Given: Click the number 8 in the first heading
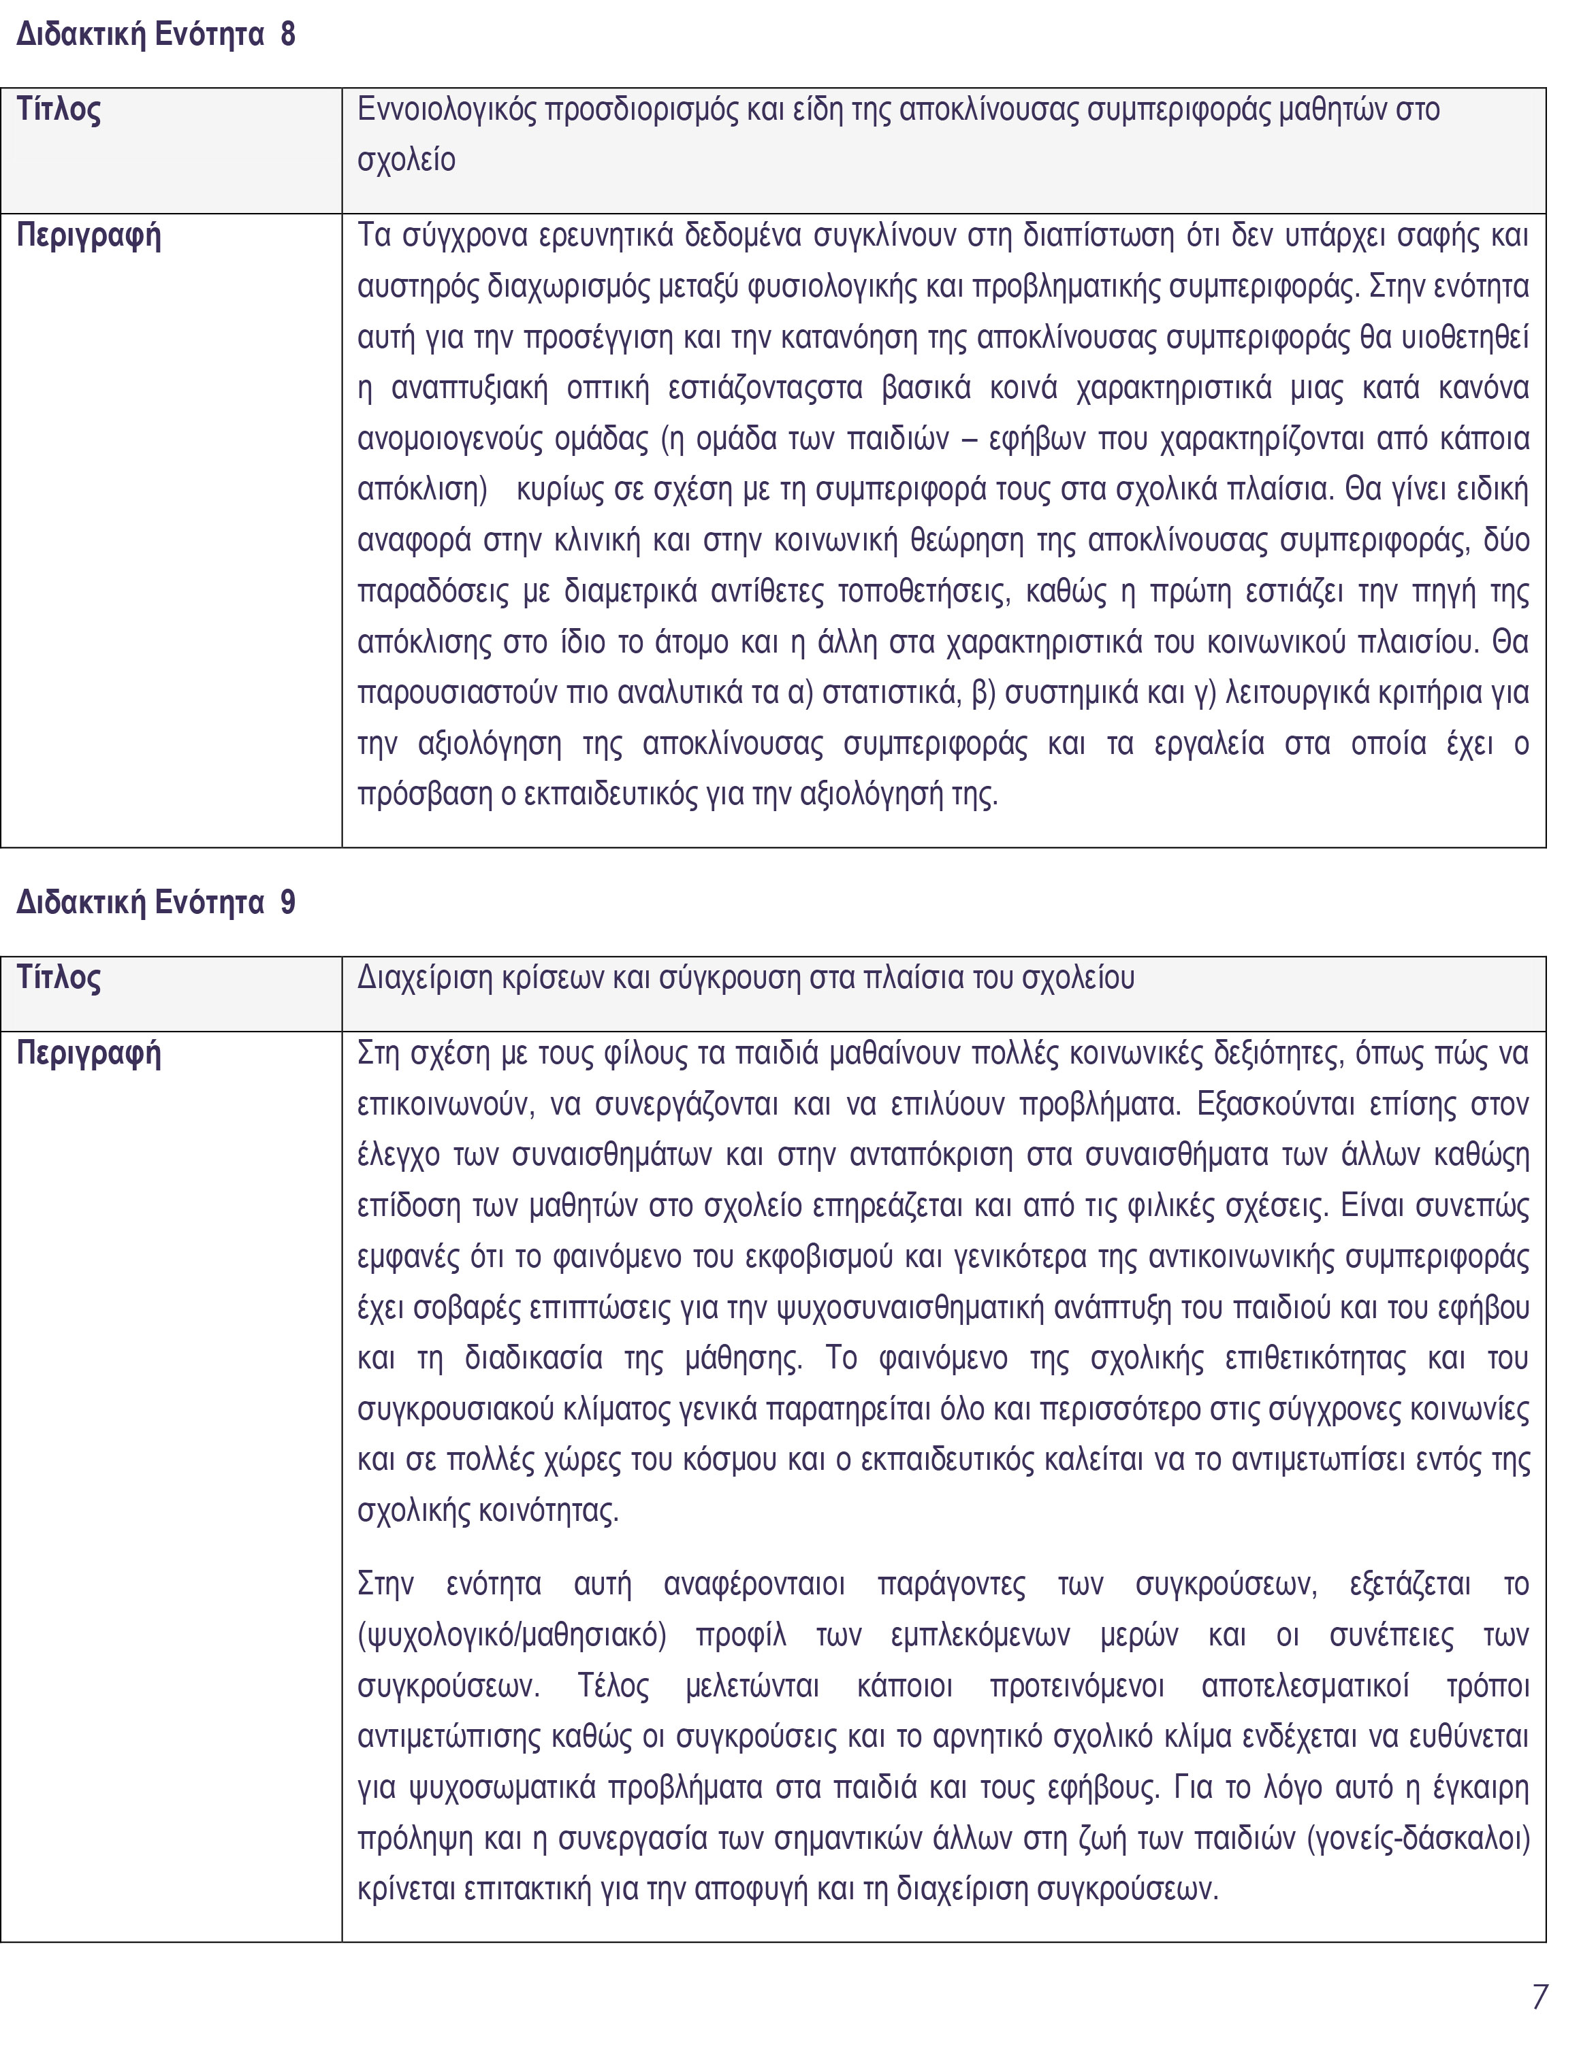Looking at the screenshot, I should coord(288,35).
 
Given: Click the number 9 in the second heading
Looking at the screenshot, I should coord(288,902).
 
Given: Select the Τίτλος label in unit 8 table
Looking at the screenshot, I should coord(59,110).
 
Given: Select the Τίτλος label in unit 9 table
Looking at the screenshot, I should coord(59,977).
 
